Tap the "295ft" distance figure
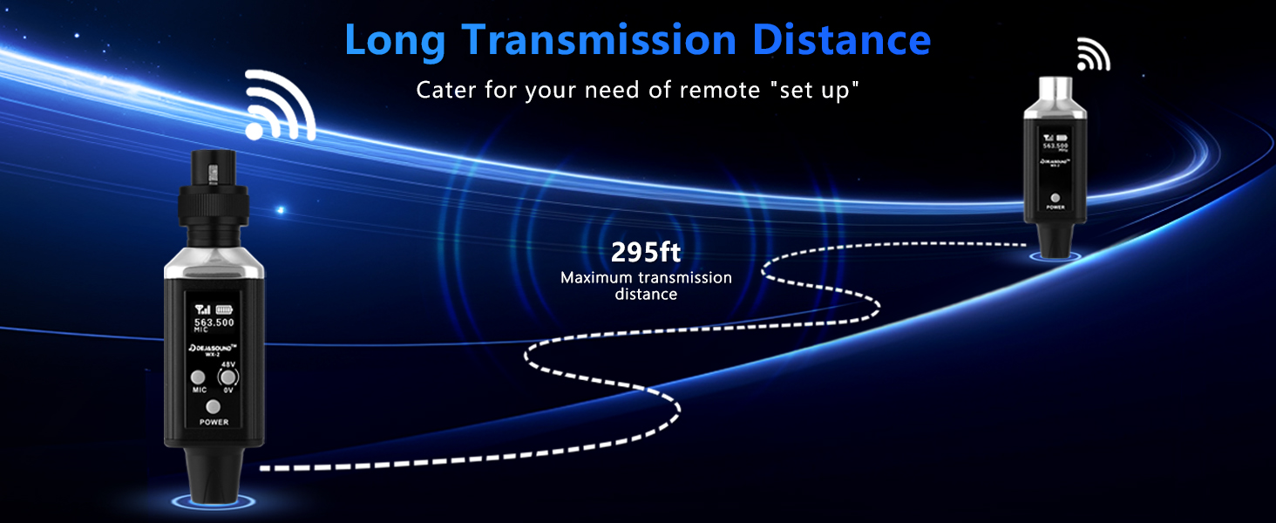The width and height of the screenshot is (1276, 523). (x=646, y=253)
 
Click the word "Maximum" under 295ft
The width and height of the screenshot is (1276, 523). (x=597, y=278)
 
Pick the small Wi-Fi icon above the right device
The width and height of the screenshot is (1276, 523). (x=1093, y=54)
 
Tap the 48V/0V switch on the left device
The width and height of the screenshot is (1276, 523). (x=228, y=377)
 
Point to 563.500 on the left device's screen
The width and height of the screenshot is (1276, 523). (x=214, y=323)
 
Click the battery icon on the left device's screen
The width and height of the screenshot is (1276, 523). (x=226, y=308)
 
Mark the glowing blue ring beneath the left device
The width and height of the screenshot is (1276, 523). (x=213, y=501)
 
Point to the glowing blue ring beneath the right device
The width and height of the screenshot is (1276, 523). (x=1055, y=256)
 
